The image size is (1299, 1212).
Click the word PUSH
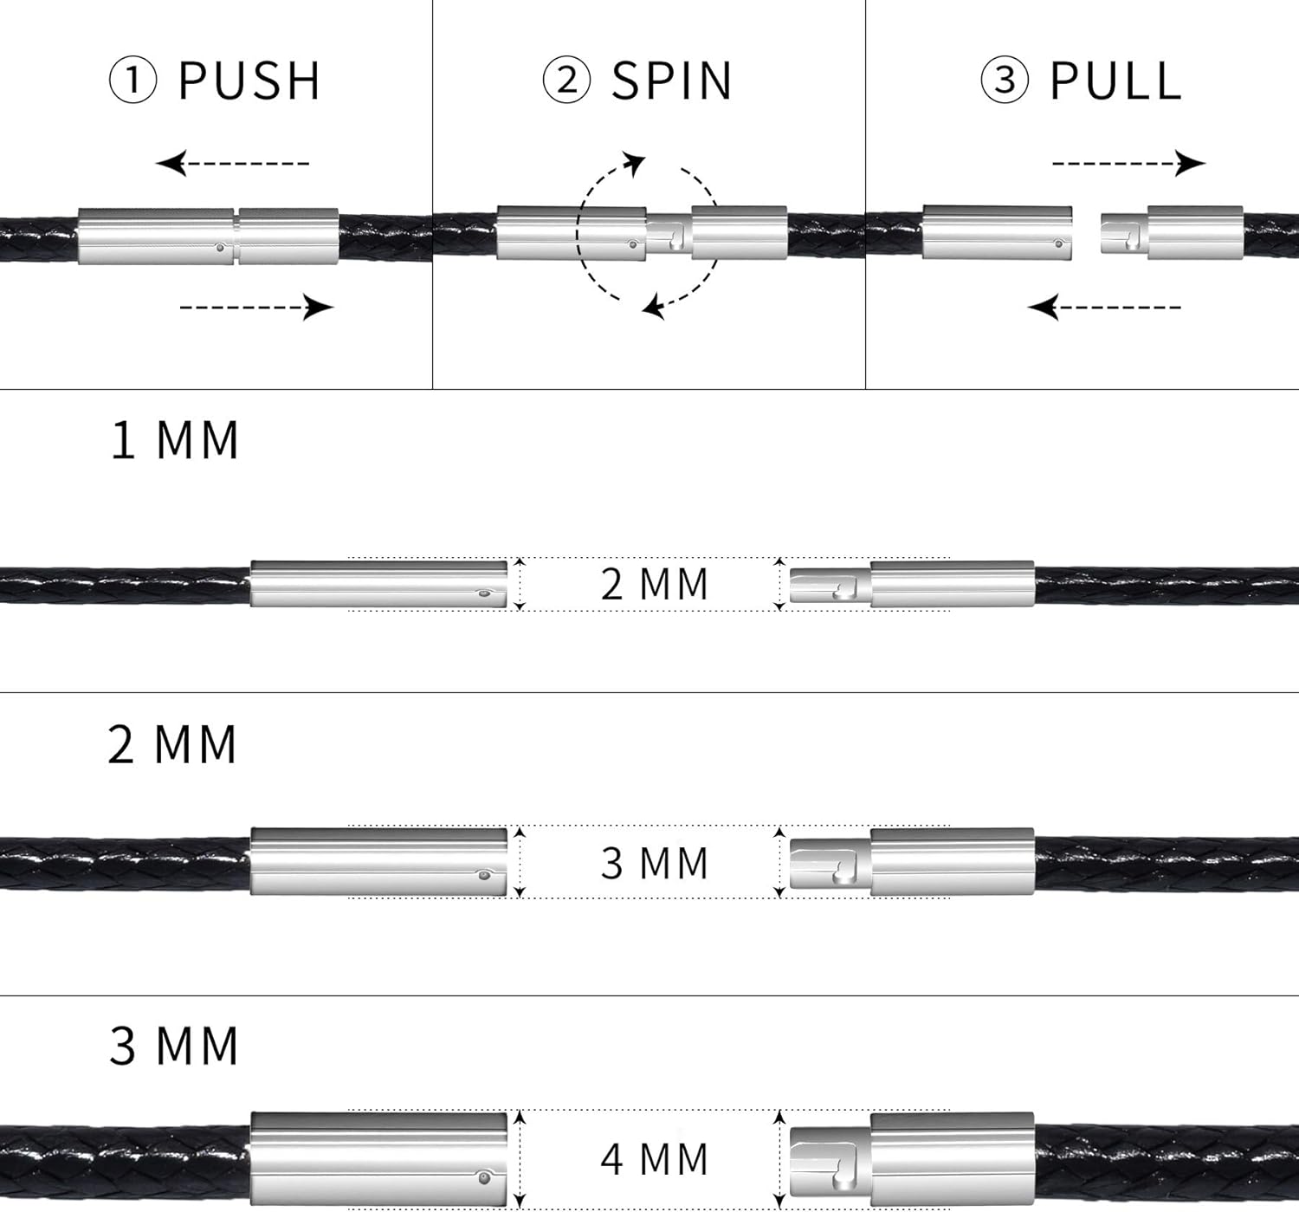coord(249,81)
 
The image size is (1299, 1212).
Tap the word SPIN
coord(672,81)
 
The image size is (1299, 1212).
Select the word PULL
coord(1115,81)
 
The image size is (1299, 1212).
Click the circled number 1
coord(132,81)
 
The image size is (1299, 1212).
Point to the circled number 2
coord(566,81)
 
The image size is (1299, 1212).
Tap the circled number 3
coord(1005,81)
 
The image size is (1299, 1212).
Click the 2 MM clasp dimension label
coord(655,584)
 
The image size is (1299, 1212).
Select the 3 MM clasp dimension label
coord(655,863)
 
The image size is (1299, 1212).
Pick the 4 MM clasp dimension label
coord(655,1159)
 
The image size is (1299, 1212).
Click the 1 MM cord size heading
coord(175,440)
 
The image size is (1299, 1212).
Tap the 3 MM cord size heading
coord(174,1046)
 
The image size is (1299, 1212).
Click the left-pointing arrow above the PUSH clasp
coord(232,163)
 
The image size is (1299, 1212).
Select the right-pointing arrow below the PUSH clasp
coord(257,307)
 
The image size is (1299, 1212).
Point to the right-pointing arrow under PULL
coord(1128,163)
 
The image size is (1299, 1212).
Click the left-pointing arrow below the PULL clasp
coord(1104,307)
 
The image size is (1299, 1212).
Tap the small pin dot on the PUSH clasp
coord(220,248)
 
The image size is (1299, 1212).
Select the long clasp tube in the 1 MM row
coord(378,584)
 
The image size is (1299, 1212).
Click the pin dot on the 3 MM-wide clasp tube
coord(483,875)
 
